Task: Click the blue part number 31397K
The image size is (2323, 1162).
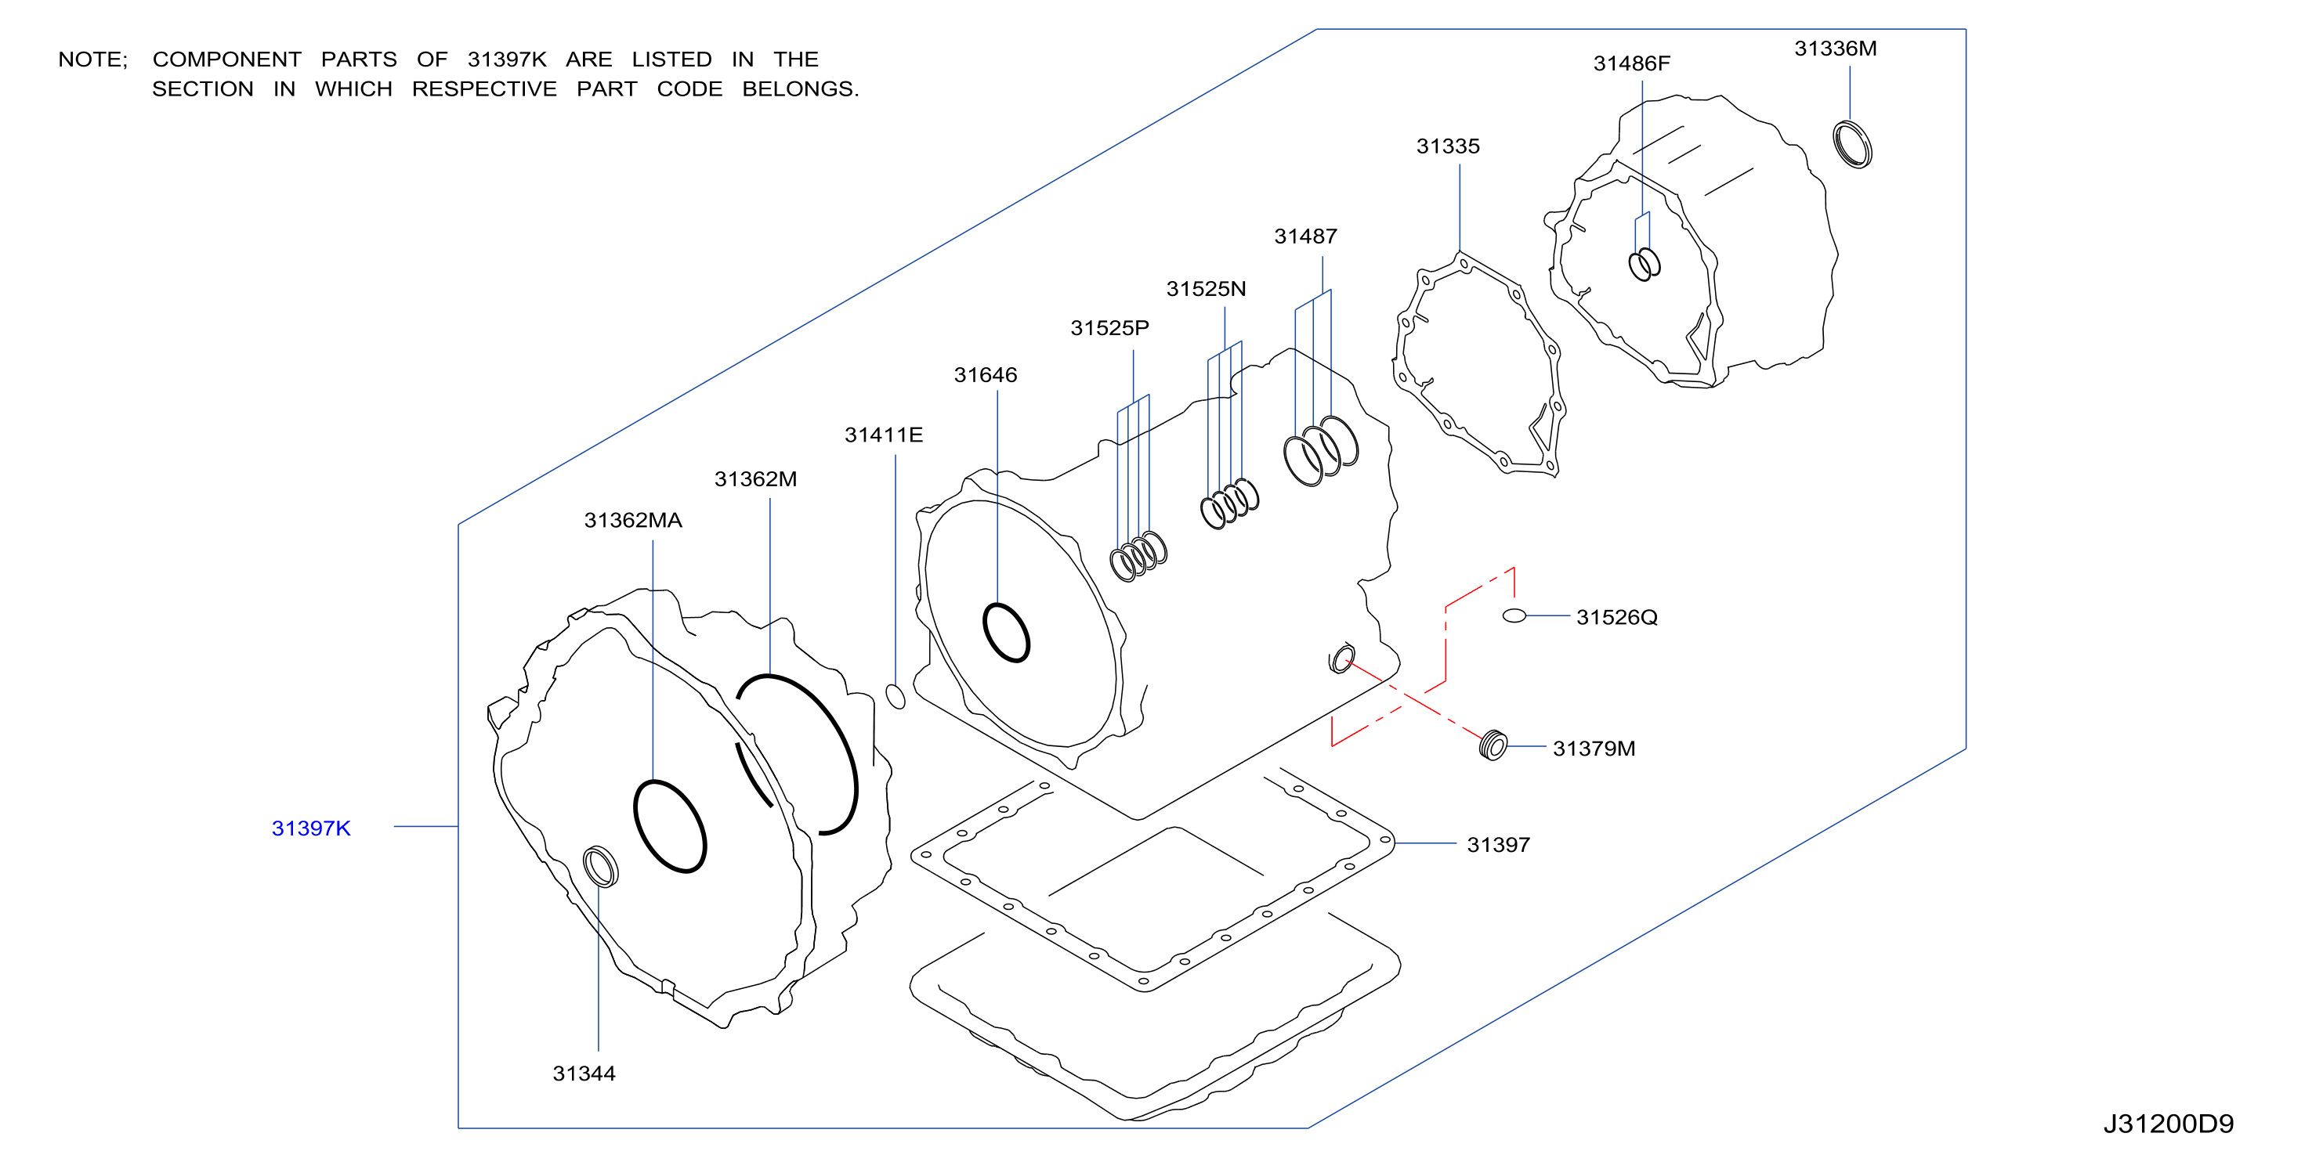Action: pos(311,828)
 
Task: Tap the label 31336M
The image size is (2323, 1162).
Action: pos(1835,49)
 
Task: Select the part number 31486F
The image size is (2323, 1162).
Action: pos(1631,64)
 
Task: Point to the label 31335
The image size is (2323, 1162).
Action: pos(1449,146)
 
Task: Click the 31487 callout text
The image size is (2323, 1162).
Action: pos(1306,236)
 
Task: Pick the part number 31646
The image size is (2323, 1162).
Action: pos(986,375)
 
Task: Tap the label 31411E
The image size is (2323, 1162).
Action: pos(884,435)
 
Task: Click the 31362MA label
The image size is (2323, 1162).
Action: pos(633,520)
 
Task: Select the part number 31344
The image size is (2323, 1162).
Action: pos(584,1074)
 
